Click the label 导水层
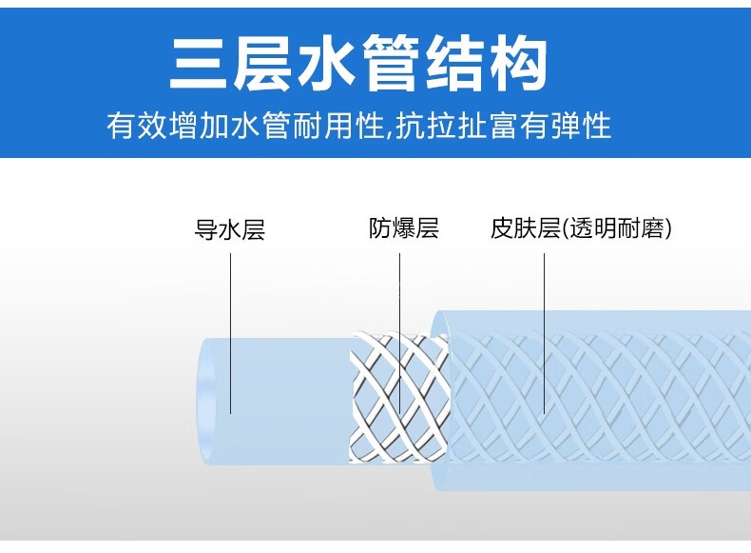pyautogui.click(x=229, y=229)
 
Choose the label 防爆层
pyautogui.click(x=403, y=228)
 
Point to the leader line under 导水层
pyautogui.click(x=230, y=324)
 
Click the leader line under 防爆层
pyautogui.click(x=399, y=324)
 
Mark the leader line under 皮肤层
pyautogui.click(x=544, y=324)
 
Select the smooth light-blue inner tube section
pyautogui.click(x=285, y=400)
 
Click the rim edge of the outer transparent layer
pyautogui.click(x=438, y=400)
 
